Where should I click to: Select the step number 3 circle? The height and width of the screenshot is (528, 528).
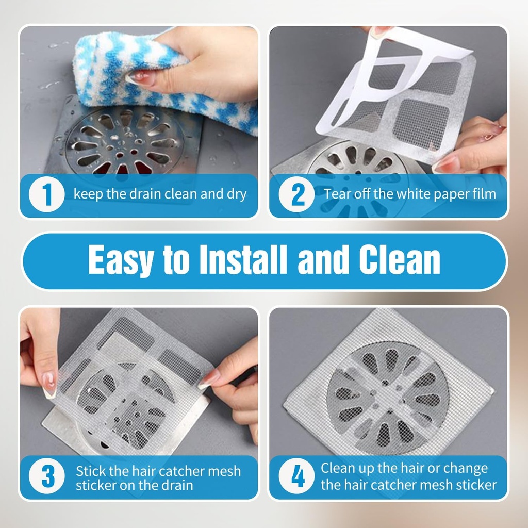[x=47, y=477]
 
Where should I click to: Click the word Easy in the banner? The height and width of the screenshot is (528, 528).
[x=120, y=260]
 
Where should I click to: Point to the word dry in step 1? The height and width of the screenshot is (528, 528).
[x=236, y=195]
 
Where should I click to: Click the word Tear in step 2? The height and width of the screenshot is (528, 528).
[x=336, y=194]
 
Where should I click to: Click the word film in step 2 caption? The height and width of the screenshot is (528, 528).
[x=485, y=194]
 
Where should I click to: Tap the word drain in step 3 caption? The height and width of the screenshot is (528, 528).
[x=178, y=485]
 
